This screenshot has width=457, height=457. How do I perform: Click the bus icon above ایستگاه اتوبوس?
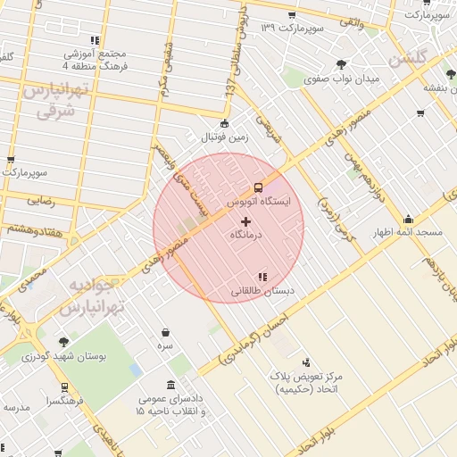pyautogui.click(x=259, y=187)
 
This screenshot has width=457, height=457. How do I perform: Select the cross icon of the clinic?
pyautogui.click(x=246, y=220)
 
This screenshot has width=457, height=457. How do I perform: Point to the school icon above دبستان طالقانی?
pyautogui.click(x=262, y=278)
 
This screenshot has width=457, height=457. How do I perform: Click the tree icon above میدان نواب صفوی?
pyautogui.click(x=342, y=63)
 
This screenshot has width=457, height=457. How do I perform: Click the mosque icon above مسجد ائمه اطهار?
pyautogui.click(x=409, y=219)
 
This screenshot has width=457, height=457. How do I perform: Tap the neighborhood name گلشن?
pyautogui.click(x=411, y=59)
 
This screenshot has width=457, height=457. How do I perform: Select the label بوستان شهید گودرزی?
pyautogui.click(x=64, y=355)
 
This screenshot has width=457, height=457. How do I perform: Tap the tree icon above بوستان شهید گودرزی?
pyautogui.click(x=63, y=342)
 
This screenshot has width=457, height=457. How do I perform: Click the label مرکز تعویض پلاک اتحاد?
pyautogui.click(x=310, y=384)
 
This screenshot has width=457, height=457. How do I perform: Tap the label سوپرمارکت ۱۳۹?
pyautogui.click(x=291, y=28)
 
